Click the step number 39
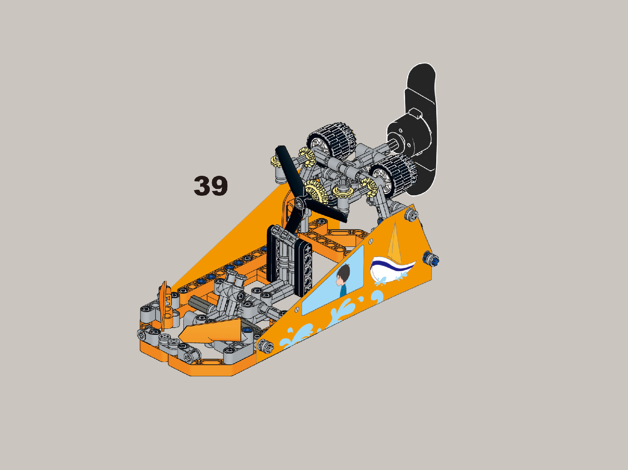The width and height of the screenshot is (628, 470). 211,186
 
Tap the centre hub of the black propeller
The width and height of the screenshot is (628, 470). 300,203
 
